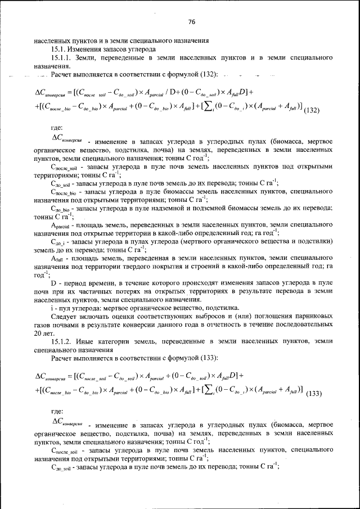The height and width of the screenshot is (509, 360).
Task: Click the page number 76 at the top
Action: tap(191, 22)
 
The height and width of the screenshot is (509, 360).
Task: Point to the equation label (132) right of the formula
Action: tap(311, 110)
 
